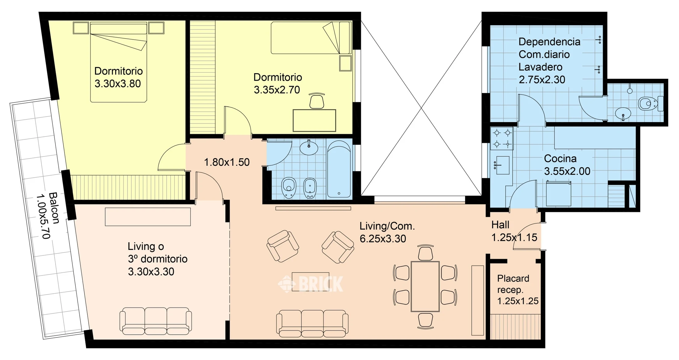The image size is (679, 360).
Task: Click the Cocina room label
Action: (560, 159)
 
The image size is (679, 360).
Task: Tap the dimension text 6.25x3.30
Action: (383, 239)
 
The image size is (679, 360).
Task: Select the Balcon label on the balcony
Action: (54, 208)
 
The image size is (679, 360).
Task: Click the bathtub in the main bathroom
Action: (339, 169)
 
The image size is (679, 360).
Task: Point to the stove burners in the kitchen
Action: (502, 139)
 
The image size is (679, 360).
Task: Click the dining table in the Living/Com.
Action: (425, 287)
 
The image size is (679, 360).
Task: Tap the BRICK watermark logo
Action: (310, 283)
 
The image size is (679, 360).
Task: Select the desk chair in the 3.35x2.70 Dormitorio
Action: (317, 101)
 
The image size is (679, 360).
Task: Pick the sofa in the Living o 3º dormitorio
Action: (156, 321)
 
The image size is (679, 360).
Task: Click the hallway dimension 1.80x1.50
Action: (227, 162)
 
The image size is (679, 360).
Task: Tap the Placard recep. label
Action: (513, 284)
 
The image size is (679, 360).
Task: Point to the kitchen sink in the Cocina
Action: (502, 165)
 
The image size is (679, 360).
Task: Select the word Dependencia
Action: (549, 42)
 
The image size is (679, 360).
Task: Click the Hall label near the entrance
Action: (500, 225)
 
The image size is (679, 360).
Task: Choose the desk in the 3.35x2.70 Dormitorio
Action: (314, 120)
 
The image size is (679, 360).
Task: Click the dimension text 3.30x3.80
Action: (118, 84)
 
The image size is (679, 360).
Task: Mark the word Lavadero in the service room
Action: (540, 67)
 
